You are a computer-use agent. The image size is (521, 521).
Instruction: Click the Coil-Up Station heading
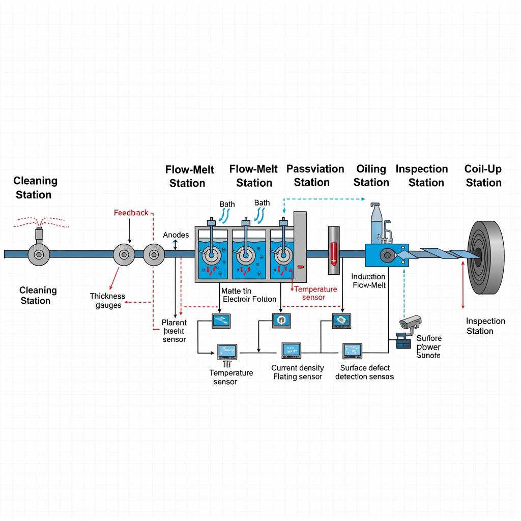pyautogui.click(x=483, y=176)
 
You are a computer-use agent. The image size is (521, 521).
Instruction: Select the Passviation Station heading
pyautogui.click(x=315, y=176)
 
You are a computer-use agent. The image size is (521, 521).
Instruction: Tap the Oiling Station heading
pyautogui.click(x=371, y=176)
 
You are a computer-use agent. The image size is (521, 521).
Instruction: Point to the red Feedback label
pyautogui.click(x=131, y=213)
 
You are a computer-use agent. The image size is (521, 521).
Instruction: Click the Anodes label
pyautogui.click(x=176, y=235)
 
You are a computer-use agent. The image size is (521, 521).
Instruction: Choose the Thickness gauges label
pyautogui.click(x=107, y=301)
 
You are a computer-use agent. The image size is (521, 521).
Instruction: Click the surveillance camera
pyautogui.click(x=411, y=322)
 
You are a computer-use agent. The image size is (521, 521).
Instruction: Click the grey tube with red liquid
pyautogui.click(x=333, y=245)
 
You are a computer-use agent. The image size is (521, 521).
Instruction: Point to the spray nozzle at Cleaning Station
pyautogui.click(x=39, y=235)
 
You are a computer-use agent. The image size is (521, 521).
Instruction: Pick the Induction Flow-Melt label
pyautogui.click(x=369, y=280)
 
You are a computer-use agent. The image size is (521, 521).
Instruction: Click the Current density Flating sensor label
pyautogui.click(x=298, y=372)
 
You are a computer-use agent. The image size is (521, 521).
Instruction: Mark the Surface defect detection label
pyautogui.click(x=364, y=372)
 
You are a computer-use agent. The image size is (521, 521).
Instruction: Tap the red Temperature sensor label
pyautogui.click(x=315, y=293)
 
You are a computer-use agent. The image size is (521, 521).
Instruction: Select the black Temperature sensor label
pyautogui.click(x=231, y=377)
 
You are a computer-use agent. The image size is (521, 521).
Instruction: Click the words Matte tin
pyautogui.click(x=237, y=291)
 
